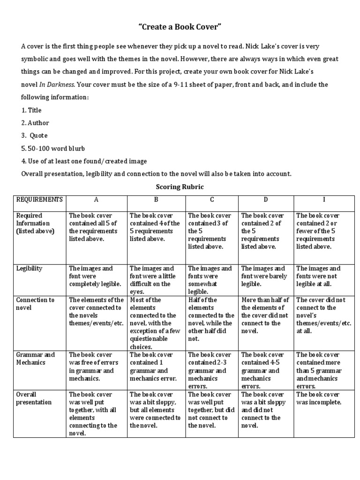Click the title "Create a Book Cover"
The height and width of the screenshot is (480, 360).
point(180,28)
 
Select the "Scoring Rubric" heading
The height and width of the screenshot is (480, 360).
point(180,187)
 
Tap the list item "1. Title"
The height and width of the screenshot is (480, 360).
point(31,110)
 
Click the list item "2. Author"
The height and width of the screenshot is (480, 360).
point(35,123)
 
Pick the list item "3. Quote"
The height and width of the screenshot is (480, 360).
point(34,135)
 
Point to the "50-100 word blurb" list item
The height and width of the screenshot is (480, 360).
point(52,148)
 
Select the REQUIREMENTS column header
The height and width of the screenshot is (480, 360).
point(39,200)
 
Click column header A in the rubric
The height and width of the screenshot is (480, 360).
point(97,200)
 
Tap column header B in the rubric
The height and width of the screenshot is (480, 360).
point(157,200)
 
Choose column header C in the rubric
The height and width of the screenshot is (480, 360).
point(212,200)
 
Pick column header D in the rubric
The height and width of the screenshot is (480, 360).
point(266,200)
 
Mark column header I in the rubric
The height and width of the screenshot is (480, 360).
point(324,200)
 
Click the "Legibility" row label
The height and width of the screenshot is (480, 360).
point(29,269)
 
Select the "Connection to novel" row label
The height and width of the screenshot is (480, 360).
point(35,304)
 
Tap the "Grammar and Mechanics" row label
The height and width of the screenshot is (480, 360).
point(36,359)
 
